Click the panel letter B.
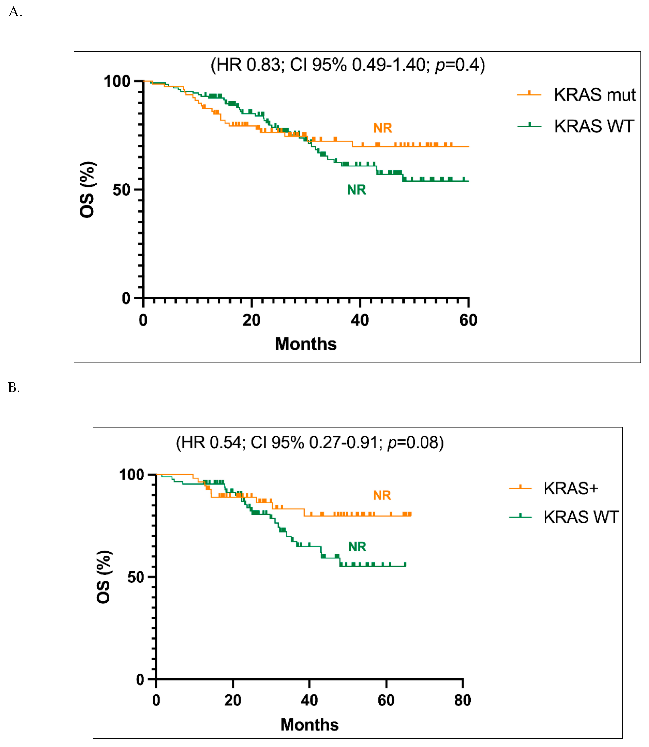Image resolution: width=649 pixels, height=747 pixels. click(x=14, y=388)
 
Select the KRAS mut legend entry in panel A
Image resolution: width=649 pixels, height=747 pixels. click(x=594, y=95)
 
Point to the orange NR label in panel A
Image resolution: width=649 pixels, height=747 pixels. click(x=383, y=128)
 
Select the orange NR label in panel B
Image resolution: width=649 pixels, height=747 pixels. click(x=382, y=496)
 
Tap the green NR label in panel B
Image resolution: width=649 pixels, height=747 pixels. click(x=357, y=547)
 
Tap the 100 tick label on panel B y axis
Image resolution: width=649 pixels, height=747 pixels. click(x=131, y=475)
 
